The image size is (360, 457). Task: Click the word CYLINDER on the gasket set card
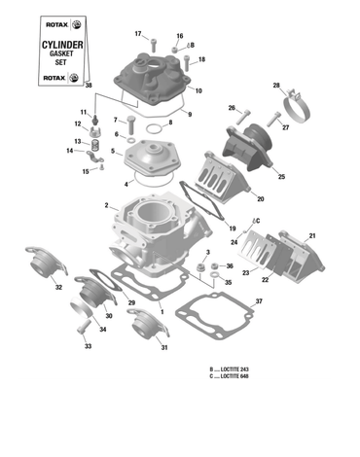click(59, 45)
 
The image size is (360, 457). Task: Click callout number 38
click(89, 87)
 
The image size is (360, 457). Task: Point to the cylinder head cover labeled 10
click(156, 78)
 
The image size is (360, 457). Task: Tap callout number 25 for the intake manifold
click(281, 177)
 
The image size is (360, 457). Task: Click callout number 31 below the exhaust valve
click(164, 347)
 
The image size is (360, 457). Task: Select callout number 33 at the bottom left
click(87, 345)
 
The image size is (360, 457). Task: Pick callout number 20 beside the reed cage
click(260, 199)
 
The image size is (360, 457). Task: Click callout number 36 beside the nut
click(229, 265)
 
